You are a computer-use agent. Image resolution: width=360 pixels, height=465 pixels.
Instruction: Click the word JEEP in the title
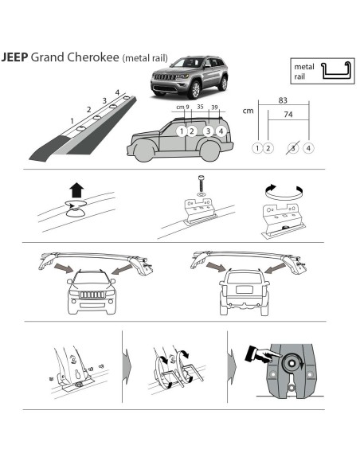[14, 57]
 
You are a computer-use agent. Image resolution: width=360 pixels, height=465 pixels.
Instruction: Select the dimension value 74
[285, 115]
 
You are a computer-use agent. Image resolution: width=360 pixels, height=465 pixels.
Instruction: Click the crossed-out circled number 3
[293, 148]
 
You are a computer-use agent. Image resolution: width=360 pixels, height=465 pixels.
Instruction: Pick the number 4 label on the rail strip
[116, 92]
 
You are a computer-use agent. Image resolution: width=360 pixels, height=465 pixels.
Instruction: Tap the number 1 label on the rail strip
[73, 121]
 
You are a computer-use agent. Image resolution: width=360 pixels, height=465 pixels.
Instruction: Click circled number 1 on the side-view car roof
[182, 131]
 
